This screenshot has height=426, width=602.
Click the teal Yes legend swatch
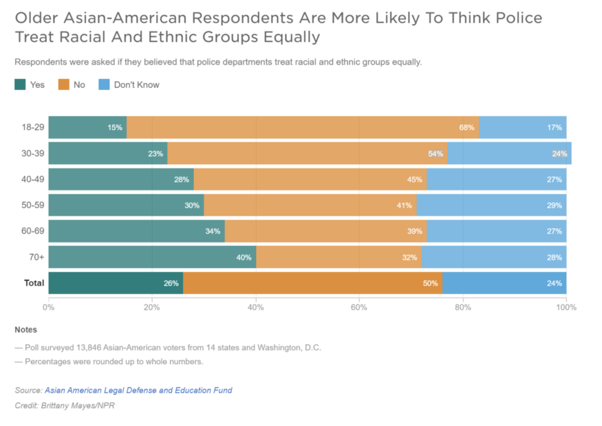pos(21,85)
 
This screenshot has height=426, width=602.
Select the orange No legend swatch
pos(64,85)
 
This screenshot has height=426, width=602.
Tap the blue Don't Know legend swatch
pos(104,85)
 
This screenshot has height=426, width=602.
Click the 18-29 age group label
pos(33,128)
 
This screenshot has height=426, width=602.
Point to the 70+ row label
pos(36,257)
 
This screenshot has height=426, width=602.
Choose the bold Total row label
pos(34,283)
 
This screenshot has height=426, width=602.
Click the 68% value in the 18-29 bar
pos(466,128)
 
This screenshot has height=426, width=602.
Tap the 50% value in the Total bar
pos(431,283)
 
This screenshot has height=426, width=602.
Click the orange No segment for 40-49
pos(310,179)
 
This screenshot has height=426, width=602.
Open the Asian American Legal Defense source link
pos(138,390)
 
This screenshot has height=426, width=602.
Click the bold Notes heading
pos(26,330)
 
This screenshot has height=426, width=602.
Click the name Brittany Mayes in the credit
pos(74,406)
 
